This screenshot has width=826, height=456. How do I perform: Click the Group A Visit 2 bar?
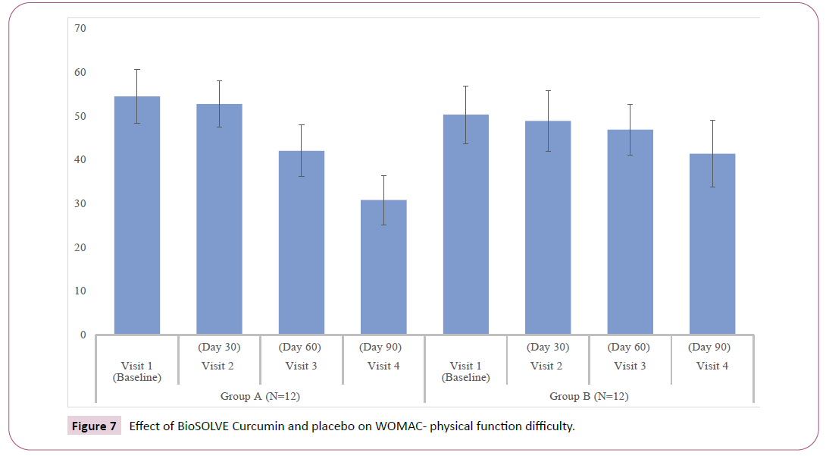[219, 228]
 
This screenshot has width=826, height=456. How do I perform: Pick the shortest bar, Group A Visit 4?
[383, 273]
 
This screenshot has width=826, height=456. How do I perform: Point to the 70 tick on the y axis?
[80, 29]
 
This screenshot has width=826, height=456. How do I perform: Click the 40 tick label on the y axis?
[80, 160]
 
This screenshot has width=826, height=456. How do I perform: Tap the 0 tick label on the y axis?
[83, 335]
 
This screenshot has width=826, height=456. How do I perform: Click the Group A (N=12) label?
[260, 396]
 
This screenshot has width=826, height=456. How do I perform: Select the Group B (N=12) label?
[589, 396]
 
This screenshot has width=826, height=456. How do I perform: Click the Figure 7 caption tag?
[94, 426]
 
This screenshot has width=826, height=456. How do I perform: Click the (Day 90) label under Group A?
[383, 348]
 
